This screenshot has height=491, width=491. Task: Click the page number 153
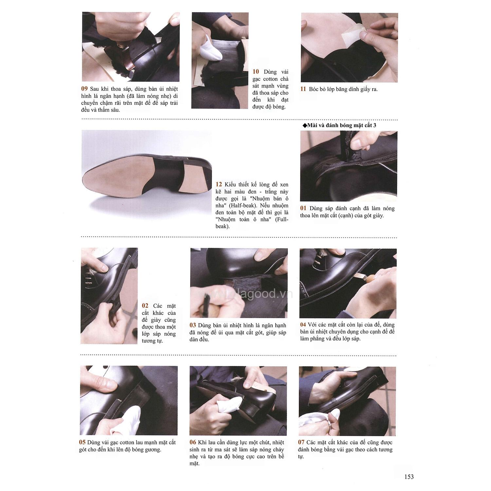409,477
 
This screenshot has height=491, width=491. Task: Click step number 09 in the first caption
84,89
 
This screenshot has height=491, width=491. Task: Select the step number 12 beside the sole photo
219,185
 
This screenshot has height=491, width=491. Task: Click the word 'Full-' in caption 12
282,219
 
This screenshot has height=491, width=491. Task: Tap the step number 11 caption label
303,89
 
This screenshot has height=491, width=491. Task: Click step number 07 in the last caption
301,442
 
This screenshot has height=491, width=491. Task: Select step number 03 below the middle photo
193,325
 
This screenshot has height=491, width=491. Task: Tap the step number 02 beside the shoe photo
145,305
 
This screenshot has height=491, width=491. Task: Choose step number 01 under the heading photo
303,208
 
